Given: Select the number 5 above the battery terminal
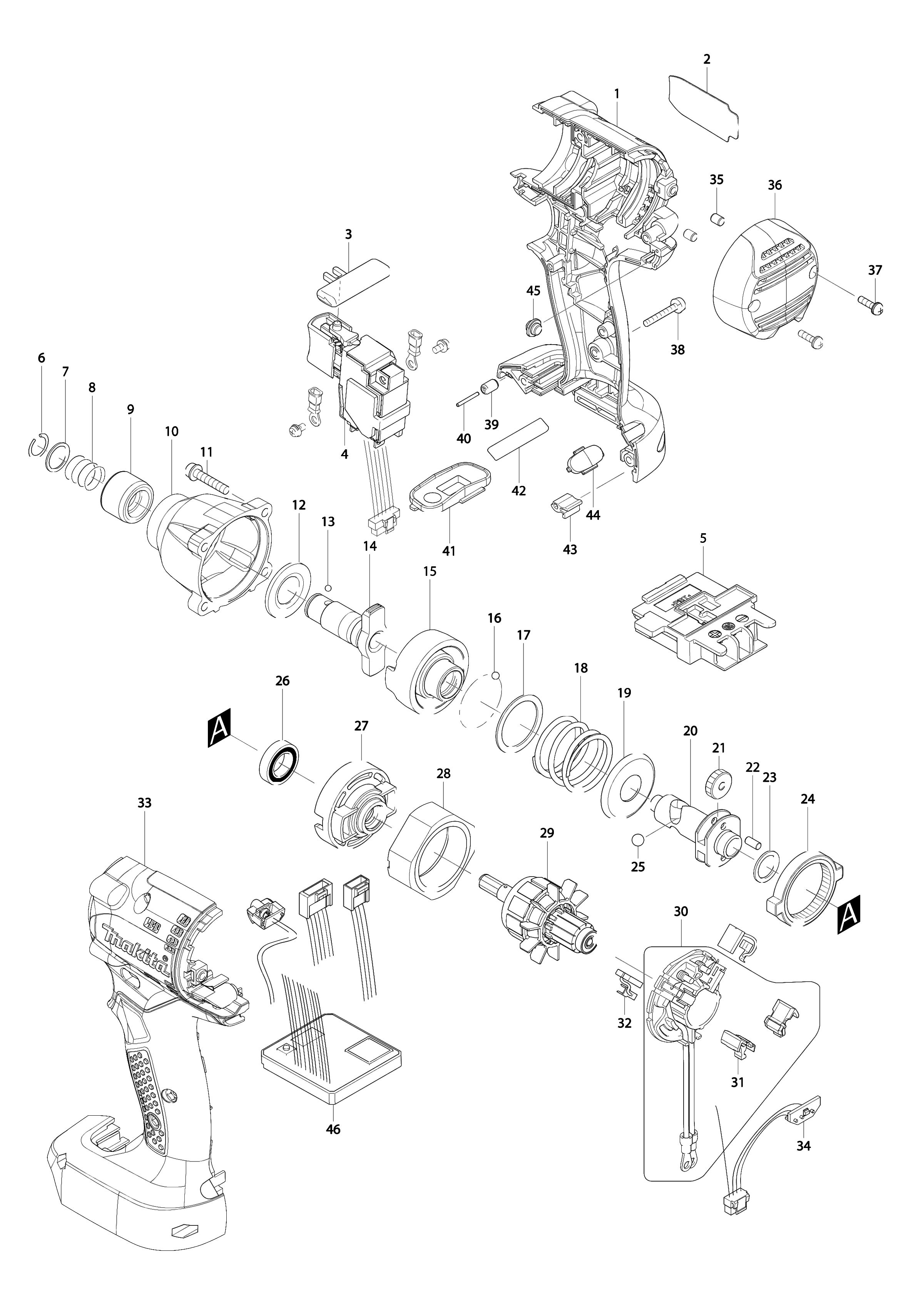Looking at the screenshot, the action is pyautogui.click(x=703, y=538).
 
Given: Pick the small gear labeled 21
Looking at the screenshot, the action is pyautogui.click(x=719, y=783).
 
